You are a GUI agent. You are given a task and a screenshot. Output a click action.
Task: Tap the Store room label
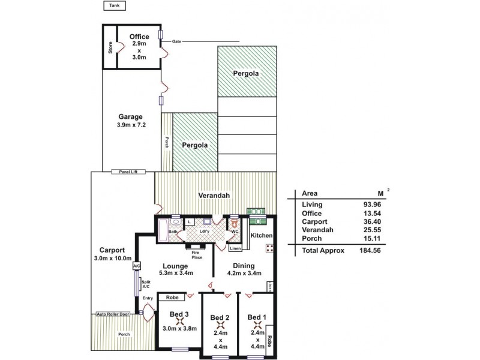click(110, 48)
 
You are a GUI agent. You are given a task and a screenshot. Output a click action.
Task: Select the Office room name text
click(139, 37)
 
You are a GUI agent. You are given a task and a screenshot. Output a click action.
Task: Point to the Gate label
click(176, 41)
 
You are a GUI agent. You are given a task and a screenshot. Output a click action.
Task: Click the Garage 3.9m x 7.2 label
click(130, 121)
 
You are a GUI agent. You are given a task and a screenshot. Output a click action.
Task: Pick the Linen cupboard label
click(235, 248)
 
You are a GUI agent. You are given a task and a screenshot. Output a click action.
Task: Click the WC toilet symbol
click(235, 226)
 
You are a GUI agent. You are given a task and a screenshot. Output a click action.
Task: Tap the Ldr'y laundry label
click(205, 231)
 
